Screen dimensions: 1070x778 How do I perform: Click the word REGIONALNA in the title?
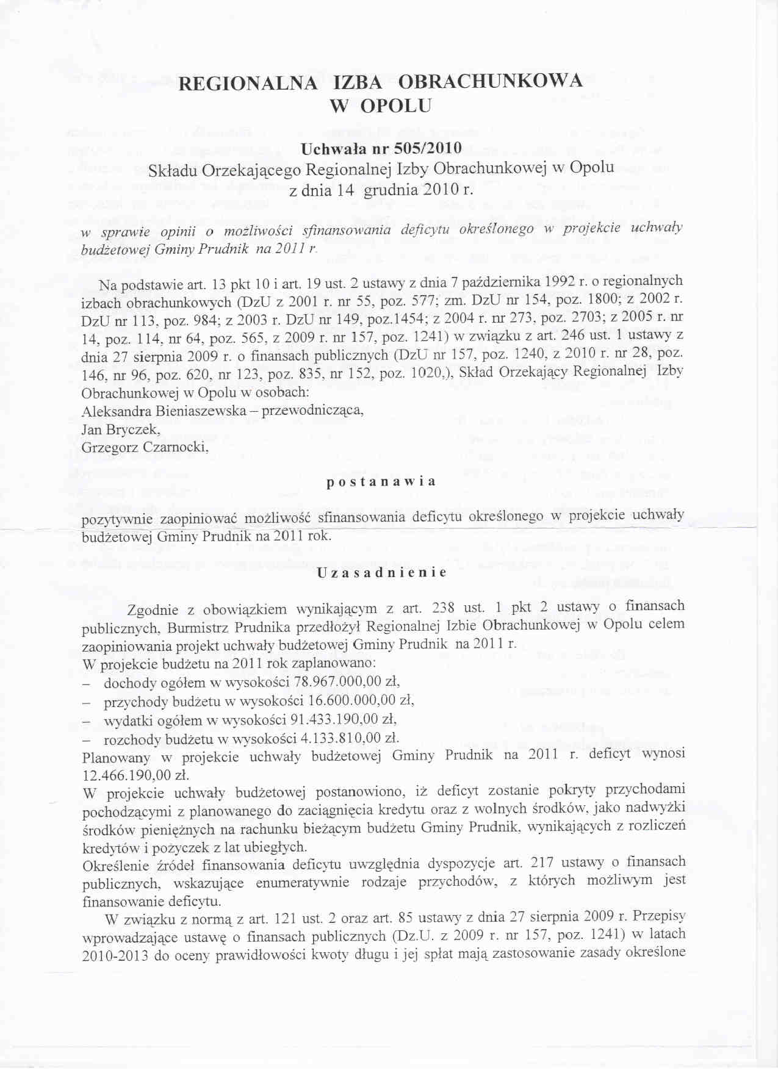[x=247, y=84]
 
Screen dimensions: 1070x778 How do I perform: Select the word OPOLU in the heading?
[x=396, y=106]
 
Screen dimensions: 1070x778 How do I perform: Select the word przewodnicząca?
[x=313, y=410]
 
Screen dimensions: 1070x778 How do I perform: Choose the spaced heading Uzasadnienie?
[x=382, y=573]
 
